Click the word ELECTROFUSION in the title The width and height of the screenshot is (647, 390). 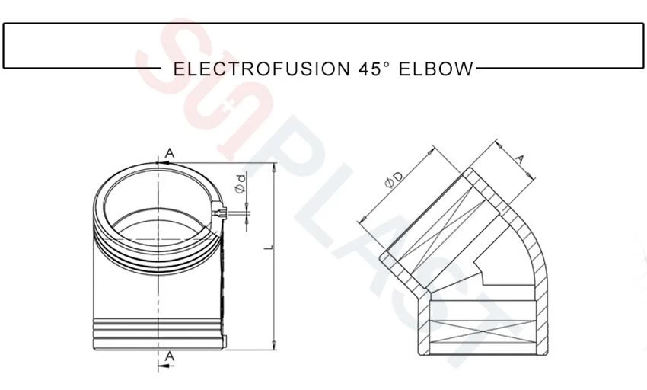(x=262, y=69)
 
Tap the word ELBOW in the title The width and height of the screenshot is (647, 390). (x=435, y=69)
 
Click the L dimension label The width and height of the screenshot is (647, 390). (x=269, y=247)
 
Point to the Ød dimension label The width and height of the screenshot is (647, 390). (x=240, y=184)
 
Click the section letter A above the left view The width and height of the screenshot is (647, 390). (x=170, y=153)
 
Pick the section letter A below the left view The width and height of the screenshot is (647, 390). (x=169, y=356)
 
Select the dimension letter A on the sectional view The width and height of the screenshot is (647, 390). (x=520, y=159)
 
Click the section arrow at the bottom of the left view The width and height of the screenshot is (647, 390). (x=165, y=366)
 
